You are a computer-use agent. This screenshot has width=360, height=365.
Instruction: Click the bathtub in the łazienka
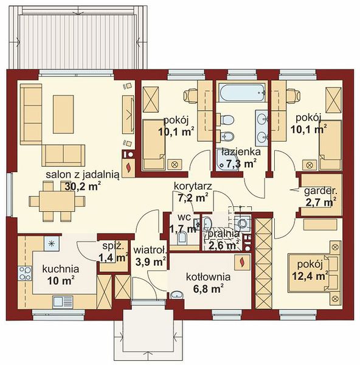click(x=241, y=93)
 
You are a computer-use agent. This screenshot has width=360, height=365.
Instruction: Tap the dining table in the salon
click(x=57, y=201)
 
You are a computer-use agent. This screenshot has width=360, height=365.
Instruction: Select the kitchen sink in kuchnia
click(x=63, y=302)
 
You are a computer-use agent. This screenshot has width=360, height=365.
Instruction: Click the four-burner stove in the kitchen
click(x=25, y=273)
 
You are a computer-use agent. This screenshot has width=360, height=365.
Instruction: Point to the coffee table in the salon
click(x=63, y=114)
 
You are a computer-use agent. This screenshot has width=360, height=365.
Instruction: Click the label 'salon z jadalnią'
click(x=83, y=175)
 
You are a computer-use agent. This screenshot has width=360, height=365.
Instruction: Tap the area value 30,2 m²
click(x=83, y=186)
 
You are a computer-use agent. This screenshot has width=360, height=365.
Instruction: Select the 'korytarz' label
click(x=193, y=187)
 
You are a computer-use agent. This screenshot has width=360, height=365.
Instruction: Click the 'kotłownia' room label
click(x=208, y=277)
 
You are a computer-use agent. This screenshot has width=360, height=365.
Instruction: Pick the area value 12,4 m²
click(x=310, y=276)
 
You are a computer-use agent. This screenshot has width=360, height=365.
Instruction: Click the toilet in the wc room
click(x=182, y=238)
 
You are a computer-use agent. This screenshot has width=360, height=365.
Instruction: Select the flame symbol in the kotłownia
click(x=243, y=262)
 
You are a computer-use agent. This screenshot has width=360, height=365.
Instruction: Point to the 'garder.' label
click(x=320, y=191)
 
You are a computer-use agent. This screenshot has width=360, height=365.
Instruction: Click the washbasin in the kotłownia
click(x=177, y=295)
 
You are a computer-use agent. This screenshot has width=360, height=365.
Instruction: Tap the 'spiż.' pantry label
click(x=112, y=246)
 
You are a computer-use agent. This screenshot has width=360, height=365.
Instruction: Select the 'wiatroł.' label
click(x=150, y=250)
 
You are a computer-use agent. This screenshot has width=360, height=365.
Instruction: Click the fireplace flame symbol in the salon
click(x=128, y=167)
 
